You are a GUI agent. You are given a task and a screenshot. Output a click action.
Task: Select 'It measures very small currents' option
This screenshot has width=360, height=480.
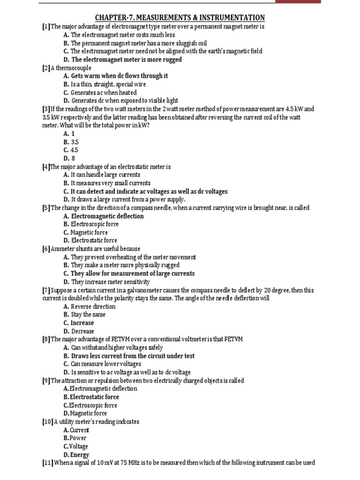point(110,183)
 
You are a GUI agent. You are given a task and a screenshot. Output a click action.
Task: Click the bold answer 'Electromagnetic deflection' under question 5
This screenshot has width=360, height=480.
point(107,216)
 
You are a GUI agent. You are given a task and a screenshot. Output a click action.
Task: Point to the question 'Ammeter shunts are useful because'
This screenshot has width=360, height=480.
point(95,249)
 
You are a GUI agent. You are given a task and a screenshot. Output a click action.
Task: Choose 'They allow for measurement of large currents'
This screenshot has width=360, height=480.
point(132,273)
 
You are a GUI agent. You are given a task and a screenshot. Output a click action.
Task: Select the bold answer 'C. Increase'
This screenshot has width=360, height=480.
point(78,323)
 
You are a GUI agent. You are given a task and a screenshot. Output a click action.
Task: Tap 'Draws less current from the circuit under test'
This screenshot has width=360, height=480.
point(132,356)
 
